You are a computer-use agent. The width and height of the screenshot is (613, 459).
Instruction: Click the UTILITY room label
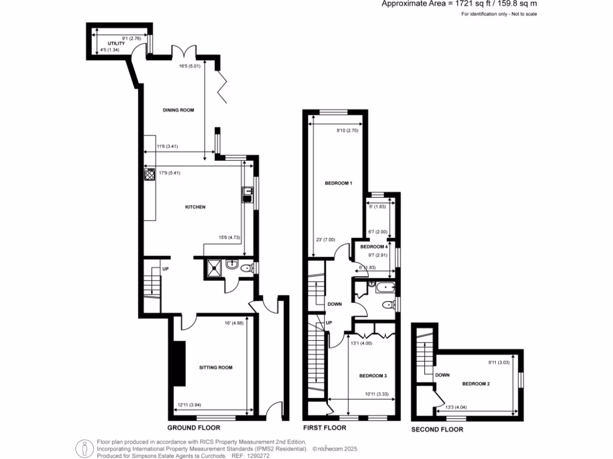point(116,44)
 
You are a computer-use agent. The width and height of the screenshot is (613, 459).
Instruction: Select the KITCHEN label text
point(195,207)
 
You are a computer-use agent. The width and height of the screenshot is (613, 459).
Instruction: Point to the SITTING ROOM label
point(216,368)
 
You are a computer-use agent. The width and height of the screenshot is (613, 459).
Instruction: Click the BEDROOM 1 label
point(338,183)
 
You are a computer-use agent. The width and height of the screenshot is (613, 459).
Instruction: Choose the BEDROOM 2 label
point(476,383)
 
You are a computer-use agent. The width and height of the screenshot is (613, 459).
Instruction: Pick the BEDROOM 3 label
point(373,375)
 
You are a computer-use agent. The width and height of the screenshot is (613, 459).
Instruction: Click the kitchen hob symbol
point(149,175)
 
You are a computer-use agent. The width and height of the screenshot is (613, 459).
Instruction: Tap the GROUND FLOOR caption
point(194,428)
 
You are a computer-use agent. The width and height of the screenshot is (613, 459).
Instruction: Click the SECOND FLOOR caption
point(437,429)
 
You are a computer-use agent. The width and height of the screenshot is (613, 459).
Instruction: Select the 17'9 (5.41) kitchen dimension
point(169,173)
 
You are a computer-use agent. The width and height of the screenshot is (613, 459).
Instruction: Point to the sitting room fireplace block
point(178,365)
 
